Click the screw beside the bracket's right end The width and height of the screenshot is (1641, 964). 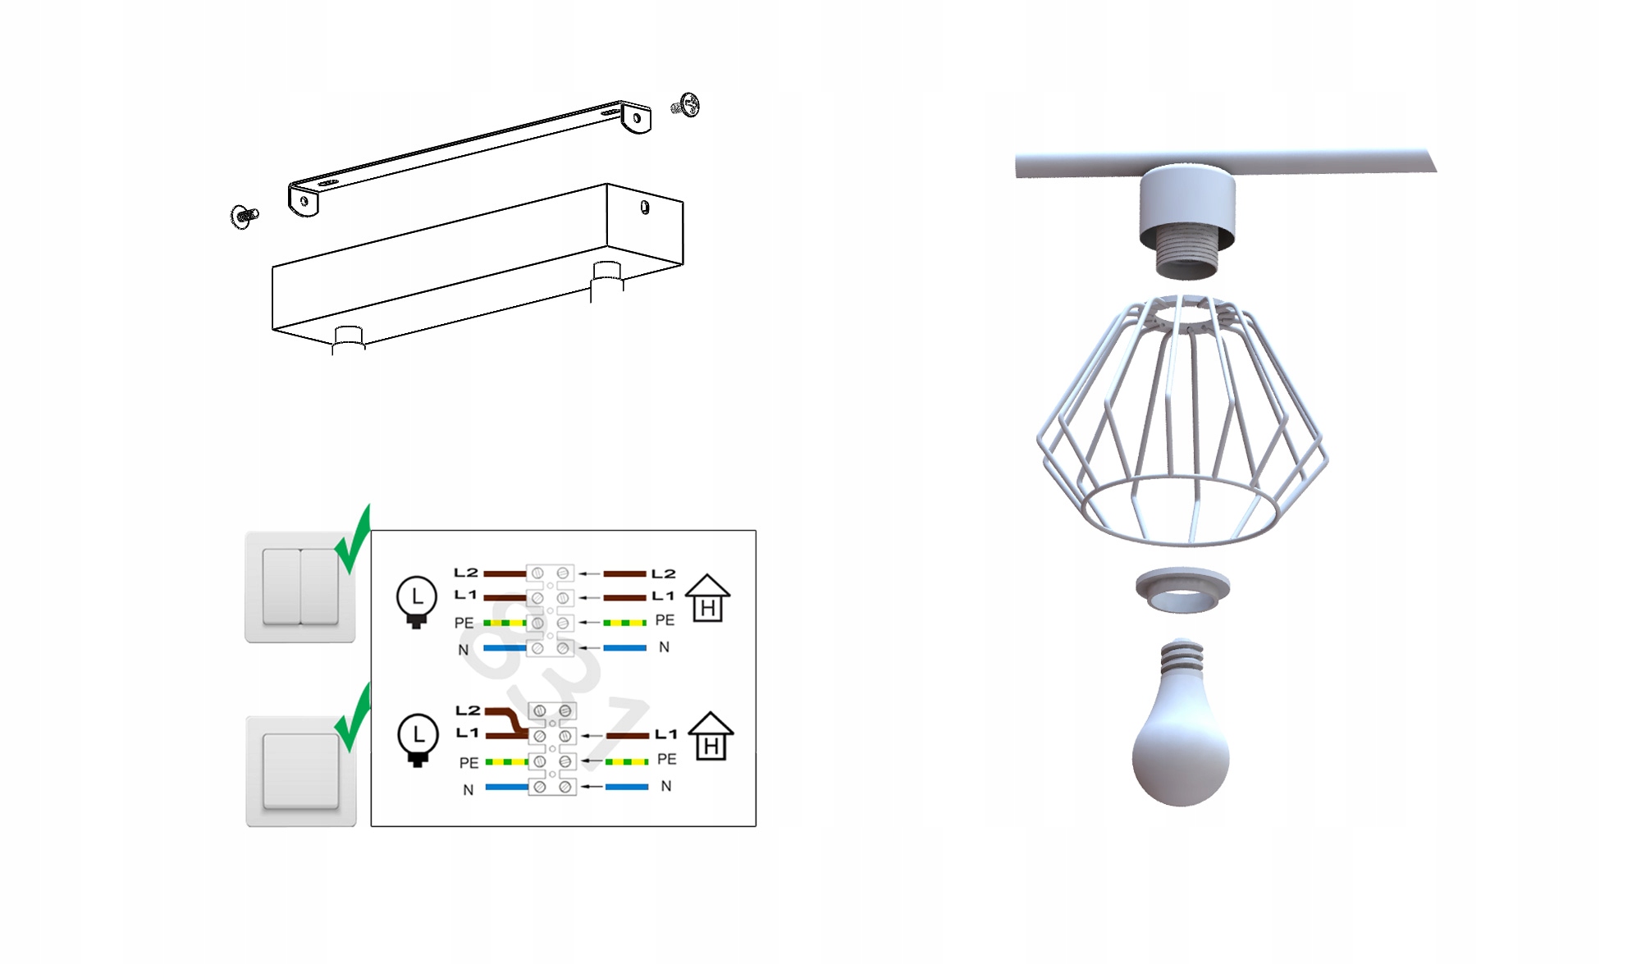[686, 105]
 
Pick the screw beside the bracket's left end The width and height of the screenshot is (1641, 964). [243, 216]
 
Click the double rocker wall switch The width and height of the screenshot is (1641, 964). [299, 587]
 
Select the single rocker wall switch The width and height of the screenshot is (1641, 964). [300, 771]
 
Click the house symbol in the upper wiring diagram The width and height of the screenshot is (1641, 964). [707, 598]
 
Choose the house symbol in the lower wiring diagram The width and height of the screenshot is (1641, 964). [711, 736]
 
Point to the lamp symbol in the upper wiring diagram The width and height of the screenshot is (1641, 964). [417, 601]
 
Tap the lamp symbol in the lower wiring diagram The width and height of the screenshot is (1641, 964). [418, 739]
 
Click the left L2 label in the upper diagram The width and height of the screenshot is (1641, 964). [466, 572]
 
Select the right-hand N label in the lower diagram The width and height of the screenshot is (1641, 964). [666, 786]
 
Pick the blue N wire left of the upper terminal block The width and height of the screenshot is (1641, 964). [505, 648]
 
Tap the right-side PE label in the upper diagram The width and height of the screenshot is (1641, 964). [665, 620]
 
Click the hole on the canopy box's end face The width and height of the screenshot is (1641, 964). [645, 208]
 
